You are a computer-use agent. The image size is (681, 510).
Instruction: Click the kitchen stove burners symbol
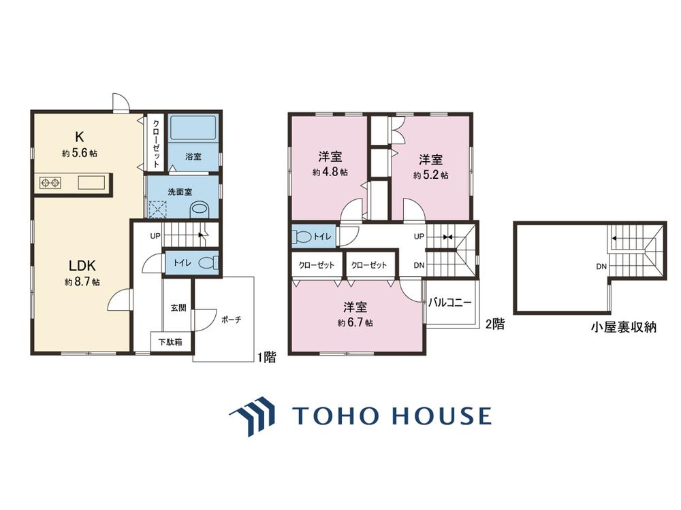pyautogui.click(x=50, y=182)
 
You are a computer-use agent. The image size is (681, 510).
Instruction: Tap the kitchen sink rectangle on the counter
pyautogui.click(x=91, y=182)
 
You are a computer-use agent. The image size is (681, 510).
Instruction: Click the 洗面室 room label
pyautogui.click(x=180, y=192)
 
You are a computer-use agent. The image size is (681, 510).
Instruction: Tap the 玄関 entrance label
pyautogui.click(x=178, y=308)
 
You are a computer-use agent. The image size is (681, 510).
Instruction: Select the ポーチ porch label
pyautogui.click(x=231, y=320)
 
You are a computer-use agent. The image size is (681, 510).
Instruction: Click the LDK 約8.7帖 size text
pyautogui.click(x=82, y=282)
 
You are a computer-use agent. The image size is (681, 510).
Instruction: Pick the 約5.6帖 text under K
pyautogui.click(x=80, y=153)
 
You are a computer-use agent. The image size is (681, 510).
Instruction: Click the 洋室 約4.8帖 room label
pyautogui.click(x=330, y=163)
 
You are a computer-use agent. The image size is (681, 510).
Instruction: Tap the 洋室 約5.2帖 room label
pyautogui.click(x=431, y=167)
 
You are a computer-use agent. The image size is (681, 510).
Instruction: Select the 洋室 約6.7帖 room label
pyautogui.click(x=355, y=314)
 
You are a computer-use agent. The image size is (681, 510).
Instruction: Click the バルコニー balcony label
pyautogui.click(x=450, y=303)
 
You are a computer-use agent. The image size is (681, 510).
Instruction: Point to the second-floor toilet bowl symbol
pyautogui.click(x=302, y=237)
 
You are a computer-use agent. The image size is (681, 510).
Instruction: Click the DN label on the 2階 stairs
pyautogui.click(x=419, y=265)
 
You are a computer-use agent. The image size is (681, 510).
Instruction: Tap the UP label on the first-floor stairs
pyautogui.click(x=155, y=237)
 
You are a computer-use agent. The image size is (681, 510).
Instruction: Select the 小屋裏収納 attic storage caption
pyautogui.click(x=623, y=327)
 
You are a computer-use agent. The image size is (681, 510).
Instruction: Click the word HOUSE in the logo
pyautogui.click(x=442, y=415)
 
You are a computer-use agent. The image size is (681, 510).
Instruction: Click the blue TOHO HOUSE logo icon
pyautogui.click(x=253, y=416)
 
